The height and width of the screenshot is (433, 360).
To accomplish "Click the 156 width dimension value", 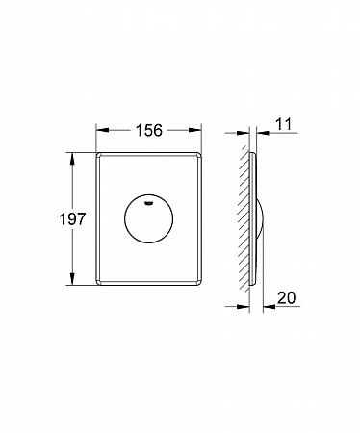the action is coord(149,130).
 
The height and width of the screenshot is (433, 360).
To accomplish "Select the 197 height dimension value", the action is coord(72,219).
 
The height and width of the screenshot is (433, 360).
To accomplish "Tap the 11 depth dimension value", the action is coord(283,124).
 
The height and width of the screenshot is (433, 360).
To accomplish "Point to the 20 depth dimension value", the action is coord(286,298).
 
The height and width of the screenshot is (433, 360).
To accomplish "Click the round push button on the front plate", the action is coord(148,218).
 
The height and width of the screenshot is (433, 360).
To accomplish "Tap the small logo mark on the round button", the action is coord(148,202).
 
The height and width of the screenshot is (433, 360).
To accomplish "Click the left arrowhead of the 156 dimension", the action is coord(103,130).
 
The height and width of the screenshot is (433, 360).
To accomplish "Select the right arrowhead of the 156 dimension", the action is coord(194,130).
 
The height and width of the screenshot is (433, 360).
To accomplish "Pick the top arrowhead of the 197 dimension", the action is coord(72,159).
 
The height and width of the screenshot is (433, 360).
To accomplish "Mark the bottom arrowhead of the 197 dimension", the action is coord(72,278).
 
